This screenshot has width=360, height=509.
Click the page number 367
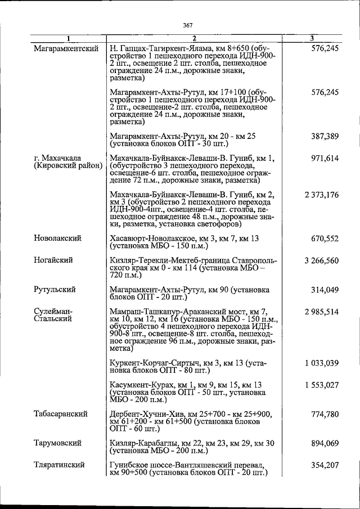tap(188, 25)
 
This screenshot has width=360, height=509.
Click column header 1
tap(68, 39)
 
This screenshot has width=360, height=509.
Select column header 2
tap(192, 39)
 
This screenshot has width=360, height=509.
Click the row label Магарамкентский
tap(62, 49)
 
